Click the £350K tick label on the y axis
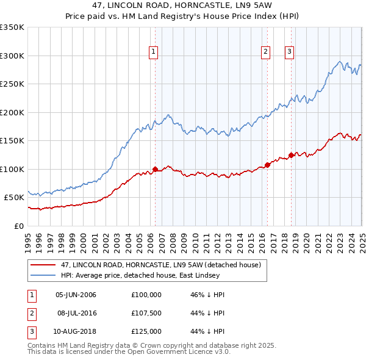point(12,27)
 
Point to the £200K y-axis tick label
point(12,112)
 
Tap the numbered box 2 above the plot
point(266,52)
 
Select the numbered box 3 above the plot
point(289,52)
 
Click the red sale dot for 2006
point(155,169)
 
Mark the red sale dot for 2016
point(267,165)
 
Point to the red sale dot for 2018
point(291,155)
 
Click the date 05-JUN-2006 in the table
point(76,295)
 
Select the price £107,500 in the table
point(146,313)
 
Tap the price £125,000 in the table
point(146,331)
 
